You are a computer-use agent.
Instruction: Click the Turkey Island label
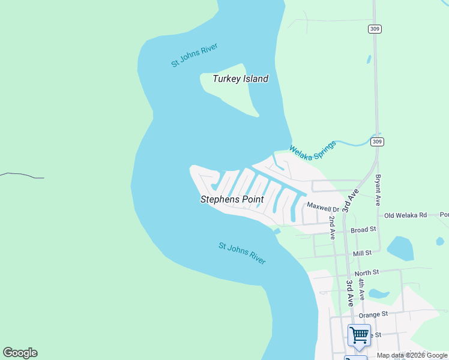click(240, 79)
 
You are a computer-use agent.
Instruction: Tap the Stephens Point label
click(232, 199)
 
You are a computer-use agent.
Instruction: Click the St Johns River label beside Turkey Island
click(194, 55)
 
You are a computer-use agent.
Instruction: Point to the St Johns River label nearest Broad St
click(242, 253)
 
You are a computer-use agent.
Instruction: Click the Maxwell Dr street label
click(324, 206)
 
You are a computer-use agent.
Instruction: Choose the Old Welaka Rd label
click(405, 215)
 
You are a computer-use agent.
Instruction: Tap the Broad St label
click(363, 229)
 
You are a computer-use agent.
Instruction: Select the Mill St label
click(363, 254)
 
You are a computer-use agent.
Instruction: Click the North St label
click(366, 272)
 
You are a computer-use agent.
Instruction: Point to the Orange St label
click(373, 313)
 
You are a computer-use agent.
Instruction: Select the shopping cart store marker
click(359, 334)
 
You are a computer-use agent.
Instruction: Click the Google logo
click(20, 353)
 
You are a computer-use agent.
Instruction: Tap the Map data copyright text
click(412, 355)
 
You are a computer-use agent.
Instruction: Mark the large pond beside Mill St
click(400, 248)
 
